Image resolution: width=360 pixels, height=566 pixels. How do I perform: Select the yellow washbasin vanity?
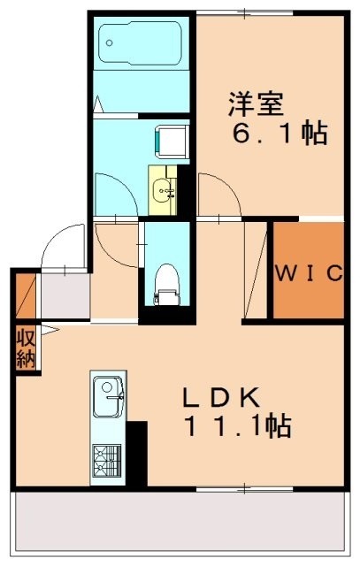coord(164,188)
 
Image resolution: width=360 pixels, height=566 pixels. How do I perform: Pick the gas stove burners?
coord(108,459)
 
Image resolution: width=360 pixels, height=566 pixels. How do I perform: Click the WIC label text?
coord(307,273)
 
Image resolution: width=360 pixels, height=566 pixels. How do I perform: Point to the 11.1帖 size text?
coord(237,428)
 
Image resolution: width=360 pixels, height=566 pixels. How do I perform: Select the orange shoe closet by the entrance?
coord(24,297)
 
